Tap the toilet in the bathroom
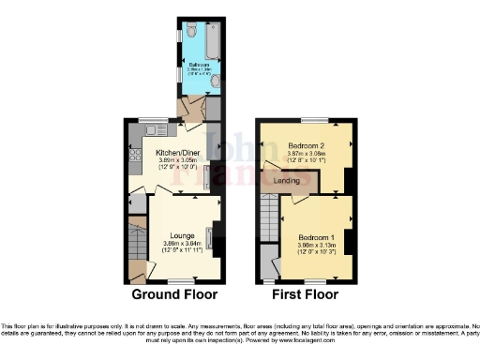pyautogui.click(x=192, y=30)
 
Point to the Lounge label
pyautogui.click(x=182, y=235)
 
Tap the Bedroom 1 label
pyautogui.click(x=315, y=237)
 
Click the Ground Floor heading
pyautogui.click(x=175, y=294)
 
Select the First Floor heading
pyautogui.click(x=305, y=294)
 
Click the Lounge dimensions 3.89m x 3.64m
pyautogui.click(x=182, y=244)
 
